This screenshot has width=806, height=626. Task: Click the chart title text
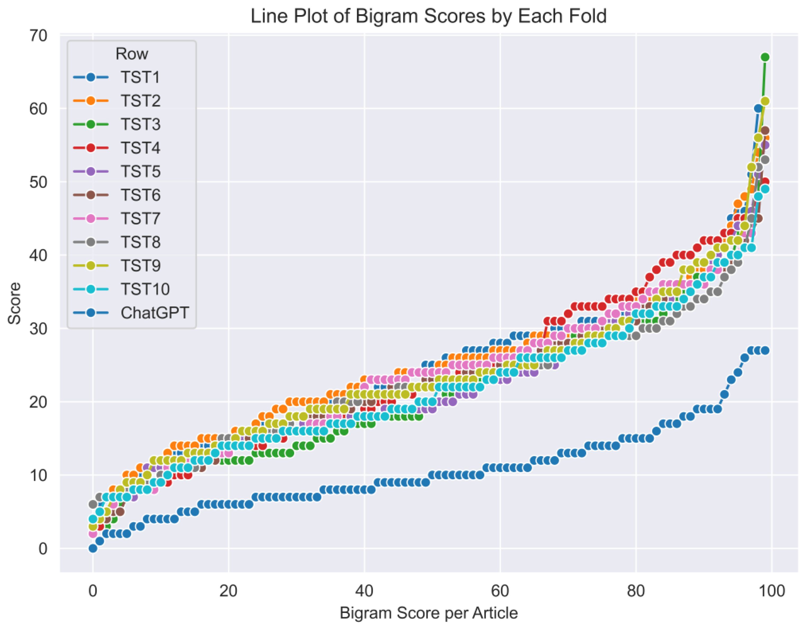point(428,16)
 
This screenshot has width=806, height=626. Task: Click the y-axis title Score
point(15,303)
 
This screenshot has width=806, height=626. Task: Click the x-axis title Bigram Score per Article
point(428,613)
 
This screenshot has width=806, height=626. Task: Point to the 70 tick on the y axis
point(38,36)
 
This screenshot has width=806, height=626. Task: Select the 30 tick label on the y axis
point(38,328)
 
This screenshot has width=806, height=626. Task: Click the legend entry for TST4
point(140,148)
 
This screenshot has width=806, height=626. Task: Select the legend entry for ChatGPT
point(154,313)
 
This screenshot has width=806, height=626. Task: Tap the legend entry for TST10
point(145,289)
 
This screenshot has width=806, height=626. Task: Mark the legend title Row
point(132,54)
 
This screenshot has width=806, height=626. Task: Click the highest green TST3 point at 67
point(765,57)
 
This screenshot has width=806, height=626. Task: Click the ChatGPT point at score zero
point(93,549)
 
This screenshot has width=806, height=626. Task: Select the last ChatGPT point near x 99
point(765,350)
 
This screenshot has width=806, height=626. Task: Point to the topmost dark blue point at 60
point(758,108)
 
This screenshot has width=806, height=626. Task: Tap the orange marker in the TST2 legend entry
point(91,101)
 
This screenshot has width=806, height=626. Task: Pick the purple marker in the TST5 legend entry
point(91,172)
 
